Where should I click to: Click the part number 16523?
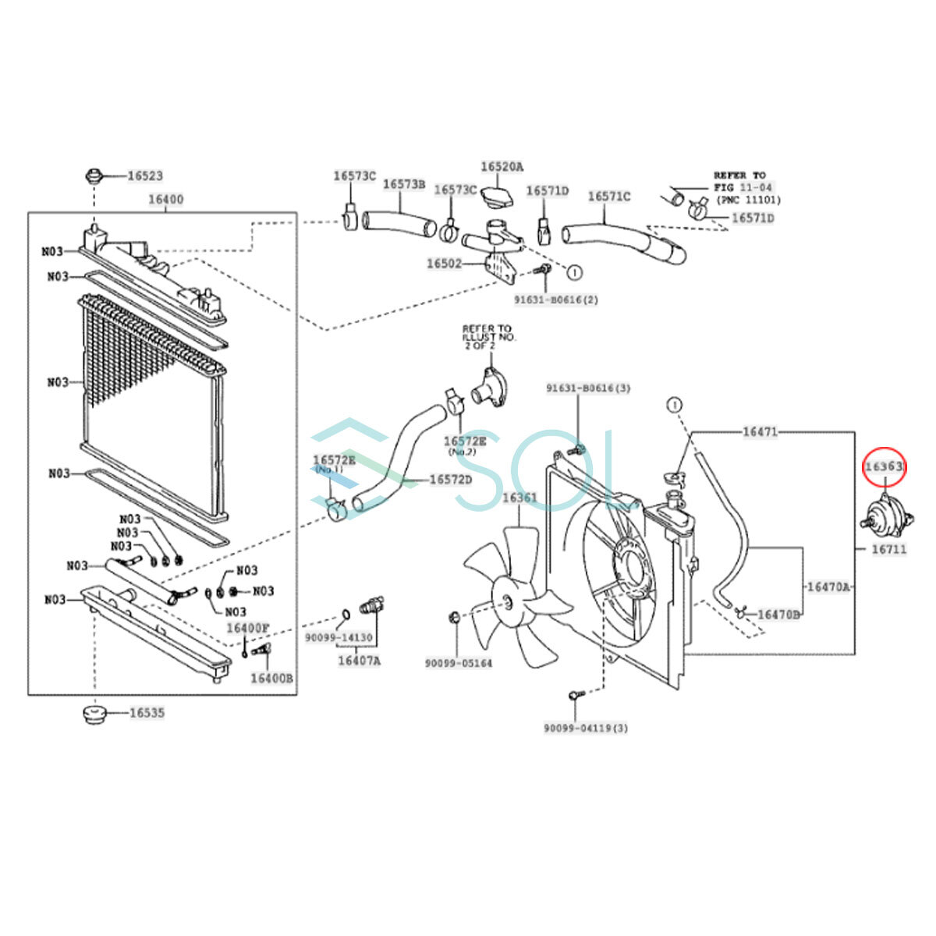(x=145, y=176)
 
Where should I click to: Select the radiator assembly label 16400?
(x=166, y=200)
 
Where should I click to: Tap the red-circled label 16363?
(x=885, y=467)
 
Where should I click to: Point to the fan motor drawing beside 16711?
(x=885, y=516)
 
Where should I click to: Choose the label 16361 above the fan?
(x=519, y=498)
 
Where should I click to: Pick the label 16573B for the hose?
(x=403, y=184)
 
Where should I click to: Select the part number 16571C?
(x=608, y=197)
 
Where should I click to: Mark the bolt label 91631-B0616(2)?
(x=556, y=299)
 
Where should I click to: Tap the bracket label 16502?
(x=445, y=264)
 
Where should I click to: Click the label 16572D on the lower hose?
(x=451, y=479)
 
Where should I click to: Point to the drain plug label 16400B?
(x=271, y=678)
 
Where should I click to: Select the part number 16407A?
(x=359, y=661)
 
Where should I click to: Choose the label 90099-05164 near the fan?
(x=459, y=663)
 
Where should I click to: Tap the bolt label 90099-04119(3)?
(x=586, y=728)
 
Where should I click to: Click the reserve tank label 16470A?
(x=828, y=587)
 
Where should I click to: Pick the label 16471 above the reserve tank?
(x=760, y=431)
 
